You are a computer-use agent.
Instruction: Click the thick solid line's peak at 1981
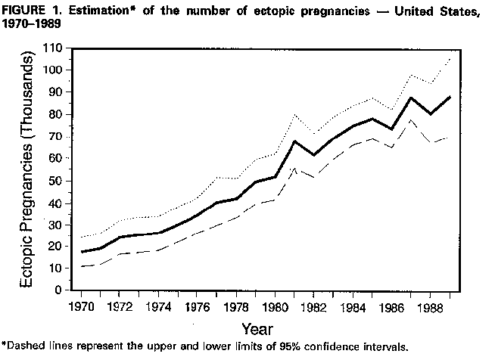(293, 141)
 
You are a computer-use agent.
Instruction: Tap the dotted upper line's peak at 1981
(293, 115)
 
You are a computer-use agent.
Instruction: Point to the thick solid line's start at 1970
(82, 252)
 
